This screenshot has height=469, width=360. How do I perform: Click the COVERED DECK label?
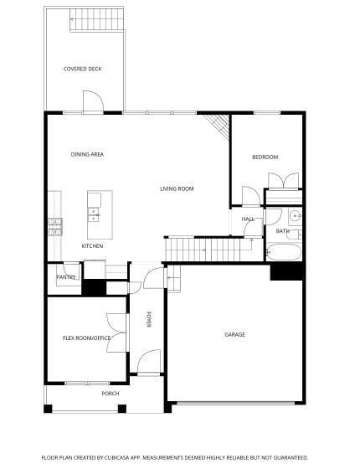83,69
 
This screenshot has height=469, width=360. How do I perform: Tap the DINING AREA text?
87,154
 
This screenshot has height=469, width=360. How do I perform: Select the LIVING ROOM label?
177,188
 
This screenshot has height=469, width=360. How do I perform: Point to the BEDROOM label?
265,157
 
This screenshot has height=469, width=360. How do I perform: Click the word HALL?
248,219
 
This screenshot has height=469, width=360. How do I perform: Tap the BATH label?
282,231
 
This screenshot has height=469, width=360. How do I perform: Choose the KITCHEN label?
92,245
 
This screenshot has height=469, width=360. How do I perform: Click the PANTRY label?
66,277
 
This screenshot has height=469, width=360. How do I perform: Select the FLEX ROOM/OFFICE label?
87,338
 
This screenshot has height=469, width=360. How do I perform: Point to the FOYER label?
149,320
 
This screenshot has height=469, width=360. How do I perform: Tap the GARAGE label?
234,334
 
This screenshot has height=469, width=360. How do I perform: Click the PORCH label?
110,394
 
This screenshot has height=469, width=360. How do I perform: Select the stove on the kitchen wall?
55,225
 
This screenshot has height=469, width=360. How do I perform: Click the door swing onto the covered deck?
93,102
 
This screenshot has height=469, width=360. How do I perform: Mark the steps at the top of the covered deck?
95,21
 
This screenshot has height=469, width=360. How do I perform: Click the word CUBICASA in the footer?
117,457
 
